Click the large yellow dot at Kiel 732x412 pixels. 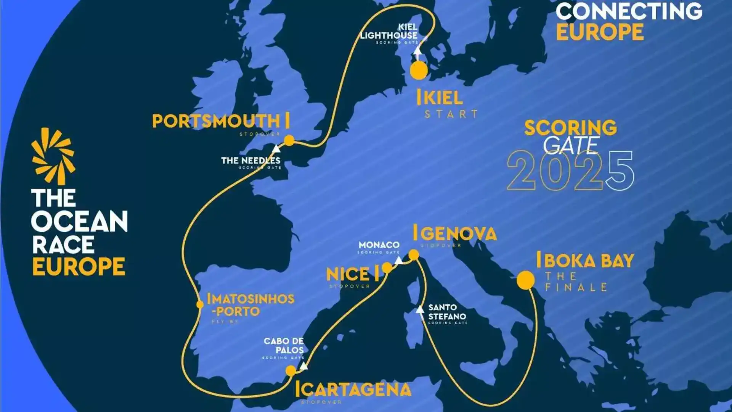[419, 71]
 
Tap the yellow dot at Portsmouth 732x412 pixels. [289, 141]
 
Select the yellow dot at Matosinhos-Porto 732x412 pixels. [200, 304]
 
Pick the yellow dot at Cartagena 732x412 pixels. [291, 370]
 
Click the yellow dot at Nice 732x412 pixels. [387, 267]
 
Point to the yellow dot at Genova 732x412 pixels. [414, 254]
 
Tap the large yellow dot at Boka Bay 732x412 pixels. [526, 280]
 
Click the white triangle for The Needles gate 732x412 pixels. [276, 149]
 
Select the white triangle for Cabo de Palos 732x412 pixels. [303, 366]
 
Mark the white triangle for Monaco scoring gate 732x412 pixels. [398, 261]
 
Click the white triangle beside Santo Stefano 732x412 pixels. [420, 309]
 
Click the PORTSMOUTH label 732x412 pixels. [216, 121]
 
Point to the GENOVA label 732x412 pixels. [458, 233]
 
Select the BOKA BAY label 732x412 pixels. [589, 261]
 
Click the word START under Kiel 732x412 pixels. [451, 114]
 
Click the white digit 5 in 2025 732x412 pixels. [620, 171]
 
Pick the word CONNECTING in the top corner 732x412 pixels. [629, 11]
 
